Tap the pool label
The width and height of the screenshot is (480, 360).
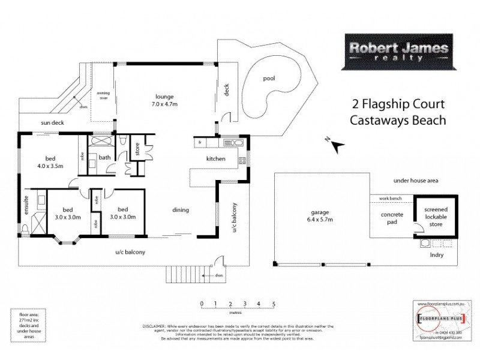[269, 79]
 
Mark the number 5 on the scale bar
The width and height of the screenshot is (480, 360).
[274, 304]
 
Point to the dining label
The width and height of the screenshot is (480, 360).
[180, 210]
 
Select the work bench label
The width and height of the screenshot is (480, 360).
[389, 199]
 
